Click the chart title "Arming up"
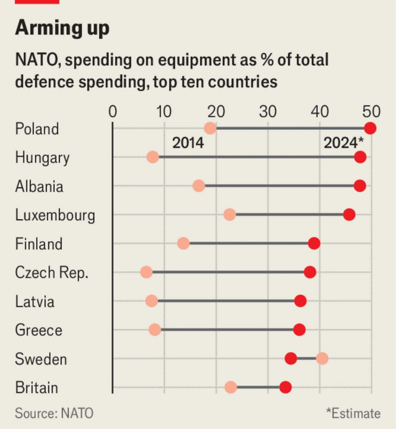(x=62, y=28)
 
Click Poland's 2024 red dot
(x=370, y=128)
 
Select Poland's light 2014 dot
(x=210, y=128)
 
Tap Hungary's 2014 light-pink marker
(x=153, y=157)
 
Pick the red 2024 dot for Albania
(x=360, y=186)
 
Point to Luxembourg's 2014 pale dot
(x=230, y=215)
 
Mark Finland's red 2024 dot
(x=314, y=243)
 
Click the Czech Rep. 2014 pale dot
(x=146, y=272)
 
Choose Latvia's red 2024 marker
(x=300, y=301)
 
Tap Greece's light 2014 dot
(x=155, y=330)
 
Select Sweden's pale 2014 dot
(x=322, y=358)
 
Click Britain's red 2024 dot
(x=285, y=387)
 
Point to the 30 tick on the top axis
(x=268, y=112)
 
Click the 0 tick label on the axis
(x=113, y=112)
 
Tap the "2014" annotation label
(x=188, y=143)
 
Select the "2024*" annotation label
(x=343, y=143)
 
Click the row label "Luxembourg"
(x=55, y=215)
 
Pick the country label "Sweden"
(x=41, y=359)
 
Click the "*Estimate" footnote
(x=353, y=413)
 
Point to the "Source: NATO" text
(x=54, y=413)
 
